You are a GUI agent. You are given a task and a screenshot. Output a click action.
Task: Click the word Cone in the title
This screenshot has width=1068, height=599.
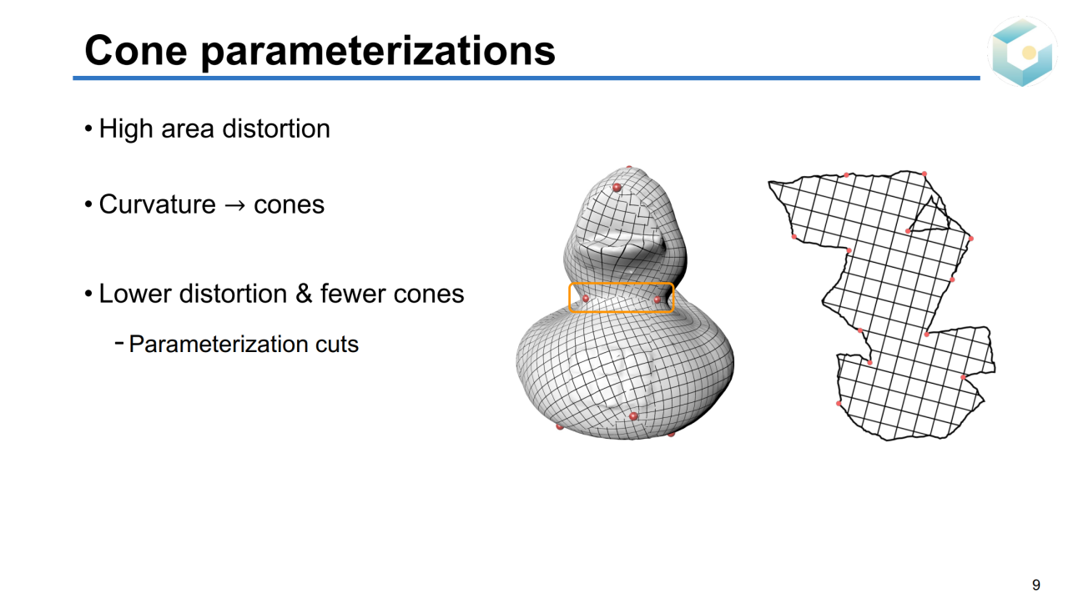pos(136,51)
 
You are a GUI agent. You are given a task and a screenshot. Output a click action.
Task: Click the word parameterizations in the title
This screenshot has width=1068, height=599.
pos(379,53)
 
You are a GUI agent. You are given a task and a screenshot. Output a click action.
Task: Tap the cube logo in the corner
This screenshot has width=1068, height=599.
pos(1022,52)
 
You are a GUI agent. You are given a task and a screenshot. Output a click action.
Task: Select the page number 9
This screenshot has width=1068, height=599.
pos(1036,585)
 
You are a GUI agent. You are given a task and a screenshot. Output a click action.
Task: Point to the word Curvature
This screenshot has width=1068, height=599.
pos(158,204)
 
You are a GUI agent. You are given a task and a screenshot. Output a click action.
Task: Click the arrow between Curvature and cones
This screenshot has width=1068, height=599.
pos(234,205)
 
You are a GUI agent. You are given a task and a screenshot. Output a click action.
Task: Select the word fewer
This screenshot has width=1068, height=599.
pos(352,294)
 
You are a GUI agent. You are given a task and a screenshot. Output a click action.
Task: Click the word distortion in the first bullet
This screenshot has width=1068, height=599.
pos(276,128)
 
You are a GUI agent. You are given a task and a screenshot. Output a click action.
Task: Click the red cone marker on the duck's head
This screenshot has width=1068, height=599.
pos(617,187)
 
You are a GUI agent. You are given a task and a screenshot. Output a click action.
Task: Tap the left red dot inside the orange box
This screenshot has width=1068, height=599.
pos(586,298)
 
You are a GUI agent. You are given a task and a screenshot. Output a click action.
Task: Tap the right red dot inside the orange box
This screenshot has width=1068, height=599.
pos(657,299)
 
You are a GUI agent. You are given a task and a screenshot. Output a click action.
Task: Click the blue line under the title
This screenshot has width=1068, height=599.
pos(526,78)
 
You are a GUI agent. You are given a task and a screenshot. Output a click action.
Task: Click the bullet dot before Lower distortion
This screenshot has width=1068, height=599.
pos(88,294)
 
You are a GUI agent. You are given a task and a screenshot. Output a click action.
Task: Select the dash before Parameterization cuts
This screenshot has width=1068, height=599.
pos(119,341)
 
